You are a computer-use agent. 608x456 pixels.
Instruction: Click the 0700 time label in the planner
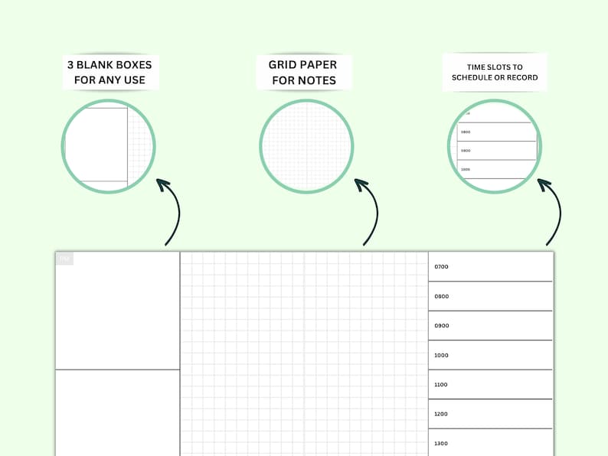441,267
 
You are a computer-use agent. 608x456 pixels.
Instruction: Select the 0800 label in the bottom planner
441,296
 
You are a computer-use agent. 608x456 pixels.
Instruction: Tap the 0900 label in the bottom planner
441,326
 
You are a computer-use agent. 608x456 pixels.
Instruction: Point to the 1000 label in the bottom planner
441,355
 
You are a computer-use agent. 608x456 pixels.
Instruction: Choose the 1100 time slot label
441,385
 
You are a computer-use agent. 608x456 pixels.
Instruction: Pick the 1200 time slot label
441,414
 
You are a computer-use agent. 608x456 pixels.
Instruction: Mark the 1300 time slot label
441,444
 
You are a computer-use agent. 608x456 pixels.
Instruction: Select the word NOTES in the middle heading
316,80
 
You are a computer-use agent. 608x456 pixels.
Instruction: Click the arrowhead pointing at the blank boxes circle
162,184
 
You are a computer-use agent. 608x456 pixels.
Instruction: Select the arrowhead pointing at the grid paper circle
361,184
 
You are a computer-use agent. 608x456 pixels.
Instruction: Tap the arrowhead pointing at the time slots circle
544,184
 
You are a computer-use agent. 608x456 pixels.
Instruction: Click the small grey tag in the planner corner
64,259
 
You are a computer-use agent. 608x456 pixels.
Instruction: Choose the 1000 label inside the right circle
466,169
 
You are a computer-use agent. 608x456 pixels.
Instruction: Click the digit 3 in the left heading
70,65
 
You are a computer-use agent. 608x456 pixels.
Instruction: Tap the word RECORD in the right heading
522,77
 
